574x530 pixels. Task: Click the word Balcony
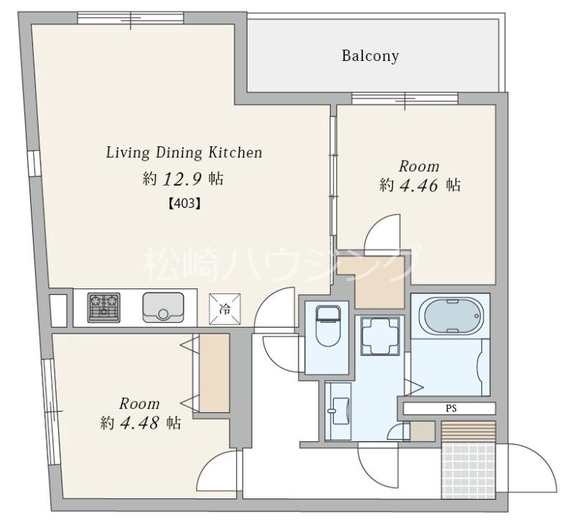[x=370, y=56]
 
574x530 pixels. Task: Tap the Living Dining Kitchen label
[x=184, y=153]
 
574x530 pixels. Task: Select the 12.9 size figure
[x=182, y=179]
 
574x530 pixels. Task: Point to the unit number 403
[x=185, y=203]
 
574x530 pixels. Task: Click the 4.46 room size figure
[x=418, y=186]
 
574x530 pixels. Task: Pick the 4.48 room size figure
[x=138, y=423]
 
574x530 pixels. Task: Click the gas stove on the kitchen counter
[x=104, y=308]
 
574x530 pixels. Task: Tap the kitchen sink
[x=163, y=308]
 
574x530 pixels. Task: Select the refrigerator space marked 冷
[x=225, y=309]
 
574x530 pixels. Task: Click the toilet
[x=328, y=326]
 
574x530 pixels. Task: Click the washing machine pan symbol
[x=380, y=336]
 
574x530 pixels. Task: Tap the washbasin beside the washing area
[x=339, y=411]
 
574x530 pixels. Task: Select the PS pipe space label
[x=451, y=409]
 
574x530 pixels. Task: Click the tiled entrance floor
[x=469, y=470]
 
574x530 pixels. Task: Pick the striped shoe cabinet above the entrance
[x=469, y=432]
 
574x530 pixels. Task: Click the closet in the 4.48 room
[x=214, y=373]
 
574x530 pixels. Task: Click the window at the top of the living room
[x=131, y=18]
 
